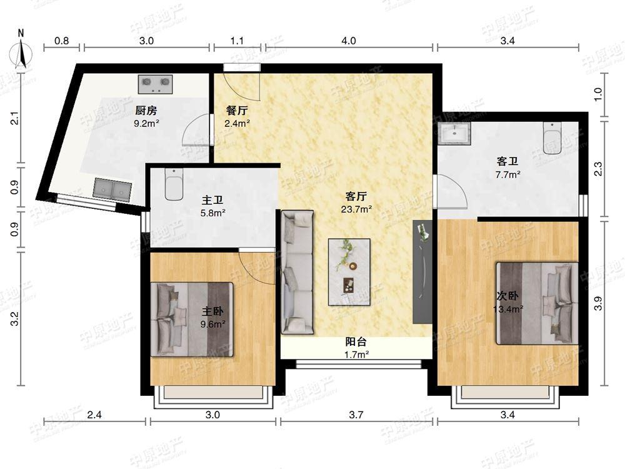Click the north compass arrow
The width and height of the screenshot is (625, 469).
tap(21, 52)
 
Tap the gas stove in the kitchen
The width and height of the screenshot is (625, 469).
tap(156, 84)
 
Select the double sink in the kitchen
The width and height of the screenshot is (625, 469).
tap(112, 189)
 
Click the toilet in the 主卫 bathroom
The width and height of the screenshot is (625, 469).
tap(174, 184)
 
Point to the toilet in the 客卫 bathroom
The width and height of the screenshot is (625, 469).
tap(552, 138)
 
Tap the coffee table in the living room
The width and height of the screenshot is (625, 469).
tap(349, 272)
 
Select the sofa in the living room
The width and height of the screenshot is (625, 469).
tap(297, 272)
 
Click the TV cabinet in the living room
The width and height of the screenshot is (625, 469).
tap(422, 271)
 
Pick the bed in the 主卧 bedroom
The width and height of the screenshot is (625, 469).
tap(192, 319)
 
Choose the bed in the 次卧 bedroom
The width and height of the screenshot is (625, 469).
tap(537, 303)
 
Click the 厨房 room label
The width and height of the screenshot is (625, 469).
tap(146, 111)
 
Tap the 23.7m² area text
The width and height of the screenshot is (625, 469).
tap(357, 209)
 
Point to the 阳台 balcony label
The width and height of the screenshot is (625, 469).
tap(356, 342)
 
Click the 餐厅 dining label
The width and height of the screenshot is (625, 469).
tap(237, 111)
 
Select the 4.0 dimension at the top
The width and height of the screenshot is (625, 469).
tap(349, 41)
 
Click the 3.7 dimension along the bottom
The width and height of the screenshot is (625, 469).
tap(356, 415)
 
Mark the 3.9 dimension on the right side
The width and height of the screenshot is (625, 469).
tap(598, 303)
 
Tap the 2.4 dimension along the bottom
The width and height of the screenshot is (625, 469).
tap(94, 415)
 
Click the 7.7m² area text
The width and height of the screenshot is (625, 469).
tap(507, 174)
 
